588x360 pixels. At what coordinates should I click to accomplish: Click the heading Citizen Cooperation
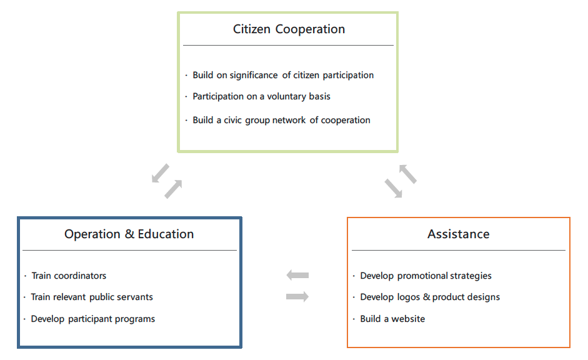289,29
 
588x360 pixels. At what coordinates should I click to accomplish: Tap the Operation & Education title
129,234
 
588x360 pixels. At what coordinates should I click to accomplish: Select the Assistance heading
458,234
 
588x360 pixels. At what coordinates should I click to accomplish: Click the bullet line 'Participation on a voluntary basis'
261,96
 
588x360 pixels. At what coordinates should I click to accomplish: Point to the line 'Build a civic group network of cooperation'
281,120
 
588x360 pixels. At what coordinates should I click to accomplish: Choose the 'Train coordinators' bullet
69,276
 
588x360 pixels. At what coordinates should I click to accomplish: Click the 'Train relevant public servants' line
92,297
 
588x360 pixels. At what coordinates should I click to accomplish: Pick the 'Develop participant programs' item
92,319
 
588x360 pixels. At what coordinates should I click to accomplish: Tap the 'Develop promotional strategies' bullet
426,276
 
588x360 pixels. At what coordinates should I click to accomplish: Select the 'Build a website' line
392,319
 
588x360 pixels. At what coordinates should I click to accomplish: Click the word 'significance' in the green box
254,75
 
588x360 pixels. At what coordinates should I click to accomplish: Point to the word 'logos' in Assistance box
409,297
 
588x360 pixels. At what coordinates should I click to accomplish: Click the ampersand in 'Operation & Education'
129,234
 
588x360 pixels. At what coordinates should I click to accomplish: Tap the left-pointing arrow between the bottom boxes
297,275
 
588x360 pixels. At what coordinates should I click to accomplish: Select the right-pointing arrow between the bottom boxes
297,297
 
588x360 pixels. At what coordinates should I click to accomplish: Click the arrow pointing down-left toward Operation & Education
160,173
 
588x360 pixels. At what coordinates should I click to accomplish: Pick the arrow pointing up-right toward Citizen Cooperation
174,189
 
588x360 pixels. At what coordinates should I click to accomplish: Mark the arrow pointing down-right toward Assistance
394,188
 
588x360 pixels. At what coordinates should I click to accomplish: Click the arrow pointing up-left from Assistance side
408,174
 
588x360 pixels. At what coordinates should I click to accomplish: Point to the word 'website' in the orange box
409,319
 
